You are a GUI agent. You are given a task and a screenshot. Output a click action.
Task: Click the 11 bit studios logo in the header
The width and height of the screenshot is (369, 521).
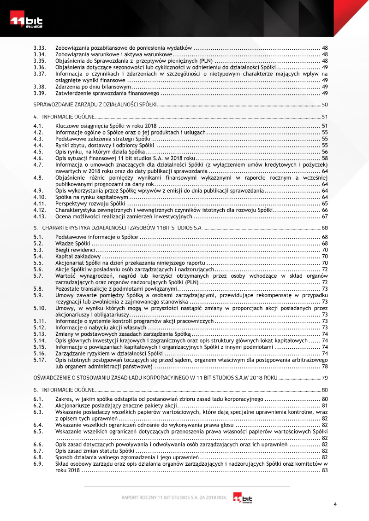click(x=27, y=21)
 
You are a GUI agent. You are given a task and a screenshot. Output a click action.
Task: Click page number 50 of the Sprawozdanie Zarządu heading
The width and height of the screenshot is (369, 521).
click(x=324, y=105)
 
